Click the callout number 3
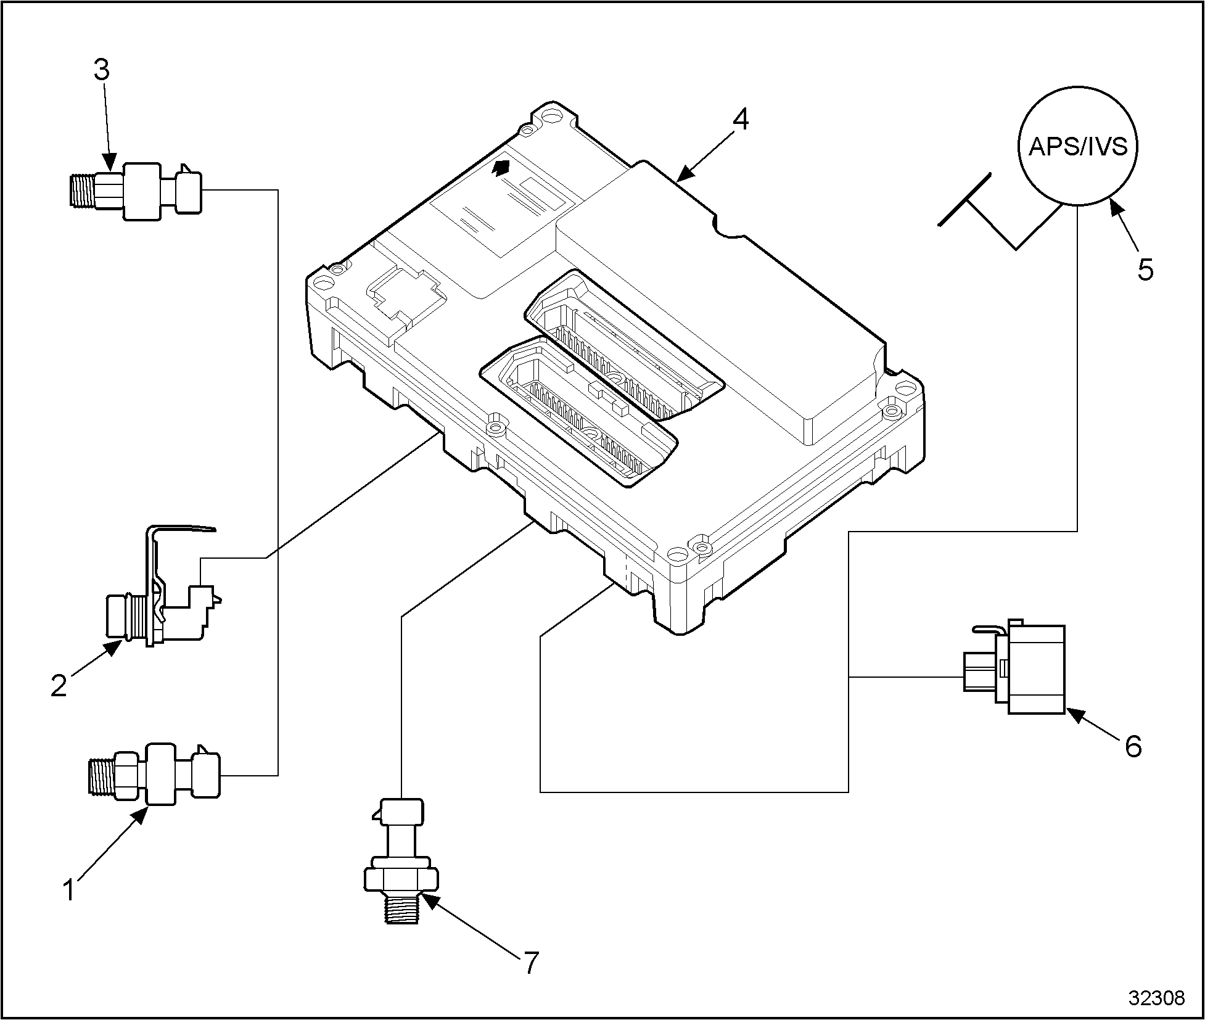pyautogui.click(x=102, y=70)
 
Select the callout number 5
pyautogui.click(x=1145, y=270)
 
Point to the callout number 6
pyautogui.click(x=1133, y=747)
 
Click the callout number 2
pyautogui.click(x=59, y=686)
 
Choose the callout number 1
pyautogui.click(x=70, y=890)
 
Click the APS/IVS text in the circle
pyautogui.click(x=1078, y=147)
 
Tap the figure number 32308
pyautogui.click(x=1156, y=998)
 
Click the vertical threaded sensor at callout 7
pyautogui.click(x=401, y=863)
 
